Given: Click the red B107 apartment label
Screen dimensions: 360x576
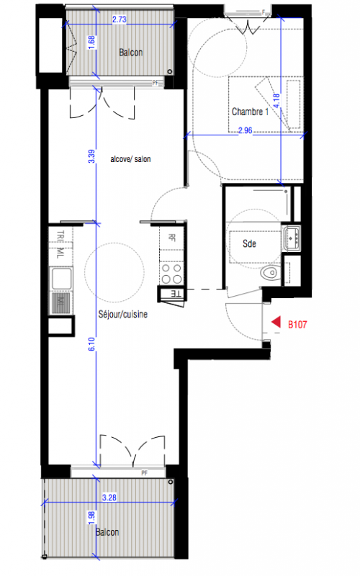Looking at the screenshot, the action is click(x=297, y=325).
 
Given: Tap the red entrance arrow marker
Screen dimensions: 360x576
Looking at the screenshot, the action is click(x=276, y=322).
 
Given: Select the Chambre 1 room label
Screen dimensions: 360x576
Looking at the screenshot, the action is click(x=250, y=112).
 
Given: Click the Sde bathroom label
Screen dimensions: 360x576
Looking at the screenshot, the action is click(x=249, y=243).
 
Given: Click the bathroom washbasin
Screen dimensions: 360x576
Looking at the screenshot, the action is click(x=292, y=238).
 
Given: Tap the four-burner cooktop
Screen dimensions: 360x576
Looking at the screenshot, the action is click(x=171, y=274).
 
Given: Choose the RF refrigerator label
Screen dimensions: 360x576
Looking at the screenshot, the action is click(x=171, y=238).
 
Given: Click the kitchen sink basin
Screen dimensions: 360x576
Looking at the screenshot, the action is click(x=61, y=279).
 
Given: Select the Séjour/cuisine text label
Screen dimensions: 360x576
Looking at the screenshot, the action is click(x=122, y=314).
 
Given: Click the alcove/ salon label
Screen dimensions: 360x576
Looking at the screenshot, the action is click(x=130, y=159).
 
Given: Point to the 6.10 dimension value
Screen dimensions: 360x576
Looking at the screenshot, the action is click(x=91, y=344).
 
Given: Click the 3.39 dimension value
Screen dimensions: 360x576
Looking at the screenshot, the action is click(x=91, y=156).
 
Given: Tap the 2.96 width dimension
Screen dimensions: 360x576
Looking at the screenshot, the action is click(x=245, y=130).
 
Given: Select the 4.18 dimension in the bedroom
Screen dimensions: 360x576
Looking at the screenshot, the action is click(x=276, y=100).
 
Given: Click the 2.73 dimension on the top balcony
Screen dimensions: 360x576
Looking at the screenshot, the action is click(x=120, y=19).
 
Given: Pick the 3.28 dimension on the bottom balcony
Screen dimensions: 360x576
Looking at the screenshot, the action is click(x=109, y=498).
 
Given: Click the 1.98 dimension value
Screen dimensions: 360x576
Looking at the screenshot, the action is click(x=91, y=518).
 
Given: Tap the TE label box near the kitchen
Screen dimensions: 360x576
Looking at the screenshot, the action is click(x=176, y=294).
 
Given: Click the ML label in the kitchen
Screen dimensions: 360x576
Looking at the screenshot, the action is click(x=60, y=253).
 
